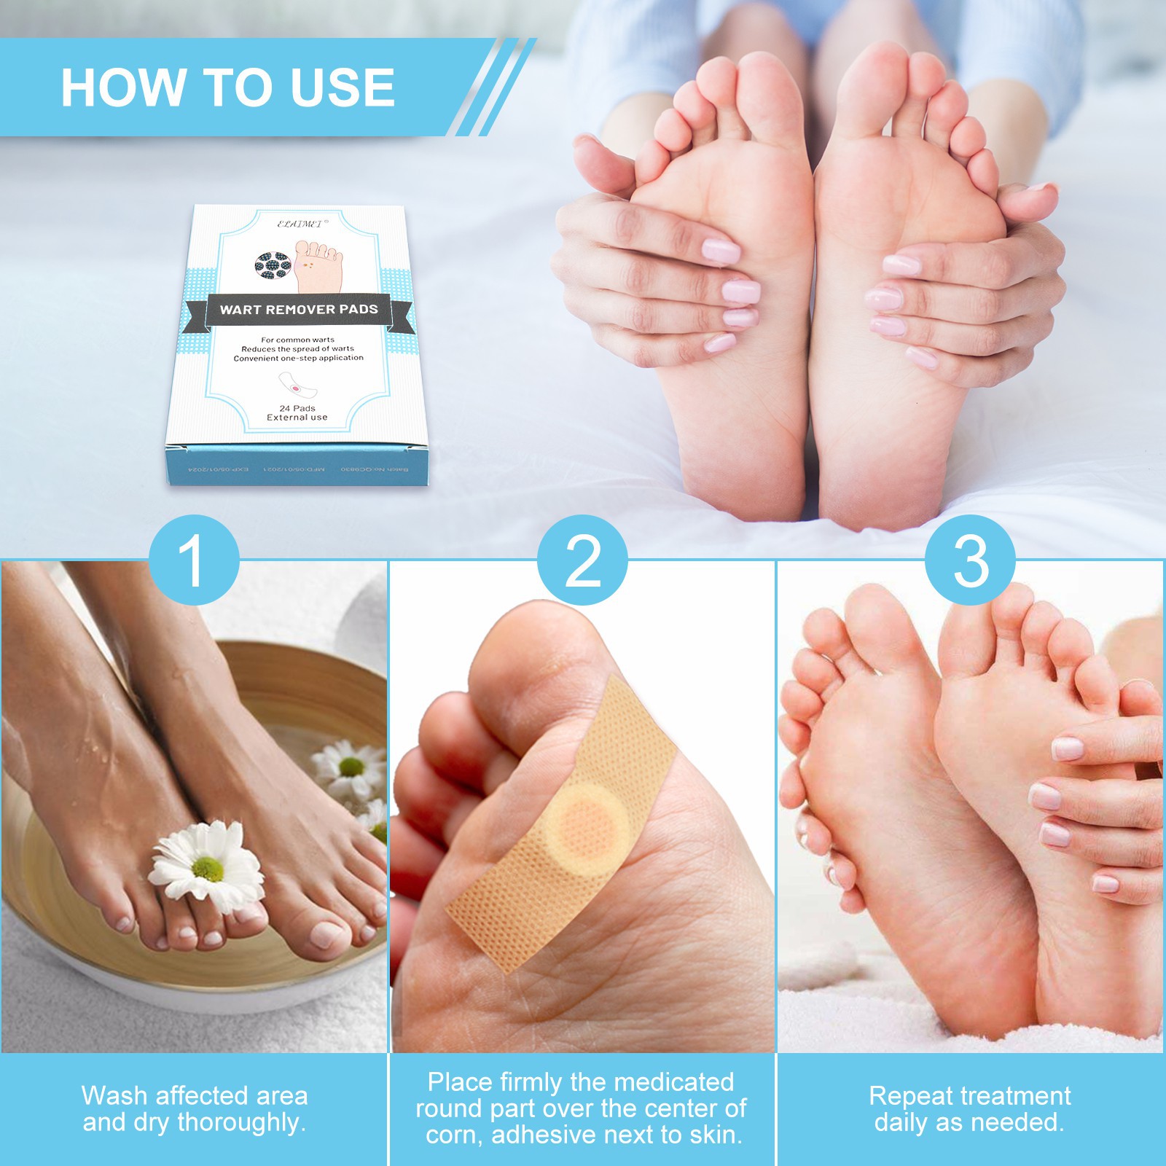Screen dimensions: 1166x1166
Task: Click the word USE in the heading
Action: (343, 88)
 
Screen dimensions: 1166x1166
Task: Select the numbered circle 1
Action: (193, 560)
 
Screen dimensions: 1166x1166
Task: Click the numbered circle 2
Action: (582, 560)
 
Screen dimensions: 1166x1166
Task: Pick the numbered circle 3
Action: (970, 560)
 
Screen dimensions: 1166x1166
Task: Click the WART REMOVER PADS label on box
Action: (299, 310)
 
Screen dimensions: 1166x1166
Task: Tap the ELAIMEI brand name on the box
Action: (300, 224)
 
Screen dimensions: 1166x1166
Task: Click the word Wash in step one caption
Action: (115, 1096)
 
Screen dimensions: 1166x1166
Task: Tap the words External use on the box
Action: (297, 418)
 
